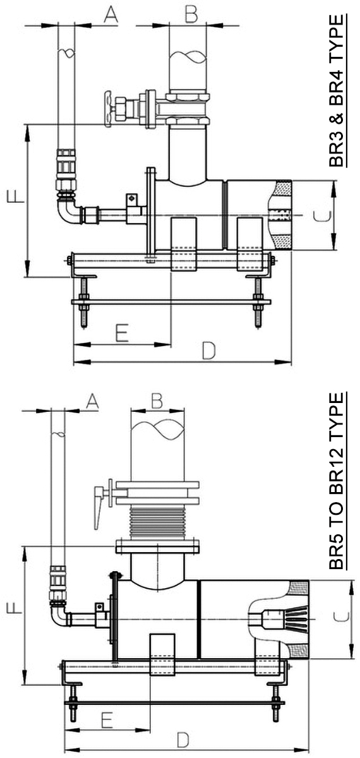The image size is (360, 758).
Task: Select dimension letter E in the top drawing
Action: (122, 333)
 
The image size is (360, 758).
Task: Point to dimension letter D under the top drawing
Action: (209, 351)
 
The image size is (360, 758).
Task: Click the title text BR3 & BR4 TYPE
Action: (337, 91)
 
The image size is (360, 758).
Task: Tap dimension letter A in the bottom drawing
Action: (92, 402)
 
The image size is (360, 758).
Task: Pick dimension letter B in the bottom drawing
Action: (157, 400)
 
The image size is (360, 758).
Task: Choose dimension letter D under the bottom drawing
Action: (183, 740)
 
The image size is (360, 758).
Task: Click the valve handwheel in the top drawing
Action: (108, 108)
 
